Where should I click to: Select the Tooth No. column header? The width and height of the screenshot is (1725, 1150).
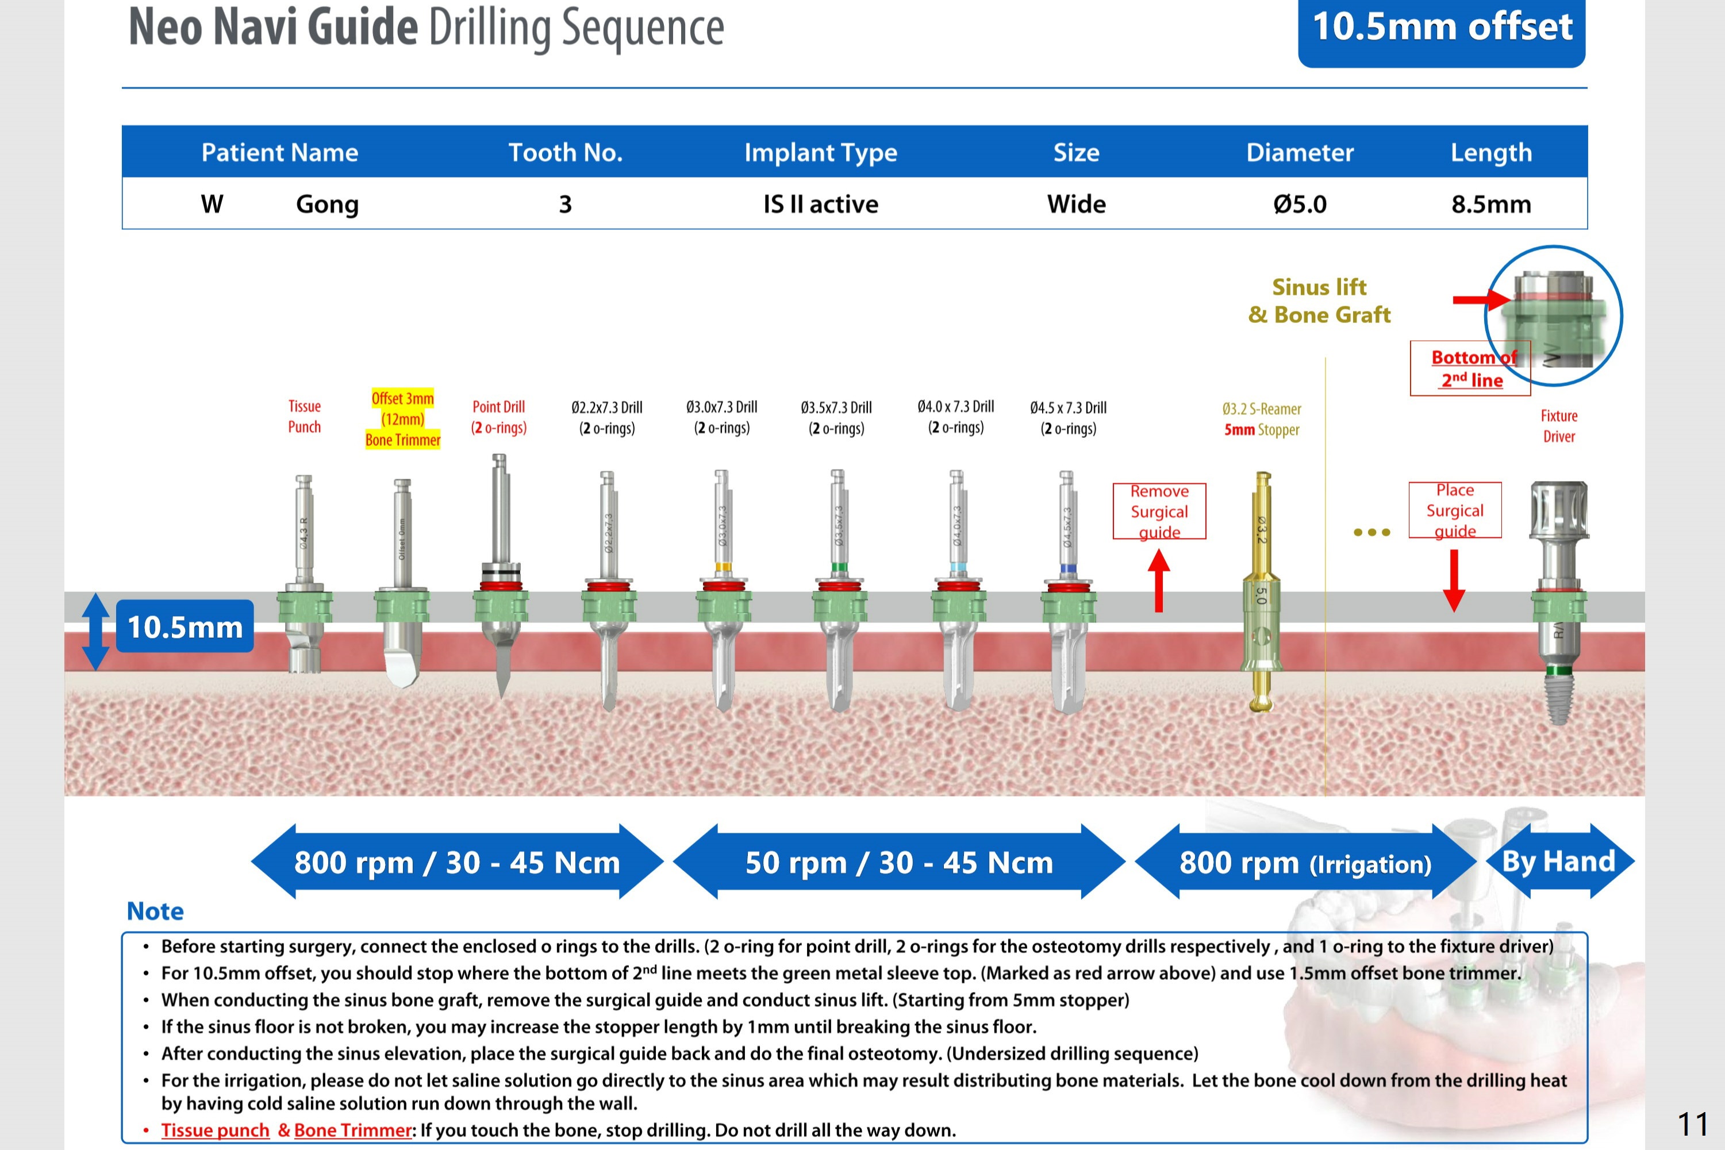[x=566, y=152]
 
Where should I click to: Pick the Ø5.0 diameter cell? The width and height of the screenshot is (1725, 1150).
[x=1300, y=204]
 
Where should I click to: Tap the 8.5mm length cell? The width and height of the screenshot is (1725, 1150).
[x=1491, y=204]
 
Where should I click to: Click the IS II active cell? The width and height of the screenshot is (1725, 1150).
[x=821, y=204]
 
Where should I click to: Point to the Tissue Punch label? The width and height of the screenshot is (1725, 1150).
[x=305, y=417]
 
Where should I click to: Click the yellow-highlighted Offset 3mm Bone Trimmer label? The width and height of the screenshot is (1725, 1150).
[x=402, y=419]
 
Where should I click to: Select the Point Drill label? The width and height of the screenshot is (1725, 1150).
[x=499, y=417]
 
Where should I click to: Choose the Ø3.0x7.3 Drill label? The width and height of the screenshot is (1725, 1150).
[x=722, y=417]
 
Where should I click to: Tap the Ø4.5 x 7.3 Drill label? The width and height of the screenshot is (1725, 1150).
[x=1068, y=417]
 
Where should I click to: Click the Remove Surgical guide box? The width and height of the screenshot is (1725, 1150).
[x=1159, y=511]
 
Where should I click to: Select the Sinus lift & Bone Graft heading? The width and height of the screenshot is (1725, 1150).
[x=1319, y=301]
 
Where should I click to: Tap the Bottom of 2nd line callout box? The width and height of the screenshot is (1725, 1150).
[x=1470, y=368]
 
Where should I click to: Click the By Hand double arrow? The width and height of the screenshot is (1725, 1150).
[x=1559, y=861]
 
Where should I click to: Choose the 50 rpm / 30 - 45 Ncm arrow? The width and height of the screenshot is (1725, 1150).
[x=898, y=863]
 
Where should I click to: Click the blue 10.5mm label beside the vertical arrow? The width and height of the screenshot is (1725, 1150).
[x=185, y=627]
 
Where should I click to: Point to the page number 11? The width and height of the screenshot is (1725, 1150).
[x=1693, y=1124]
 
